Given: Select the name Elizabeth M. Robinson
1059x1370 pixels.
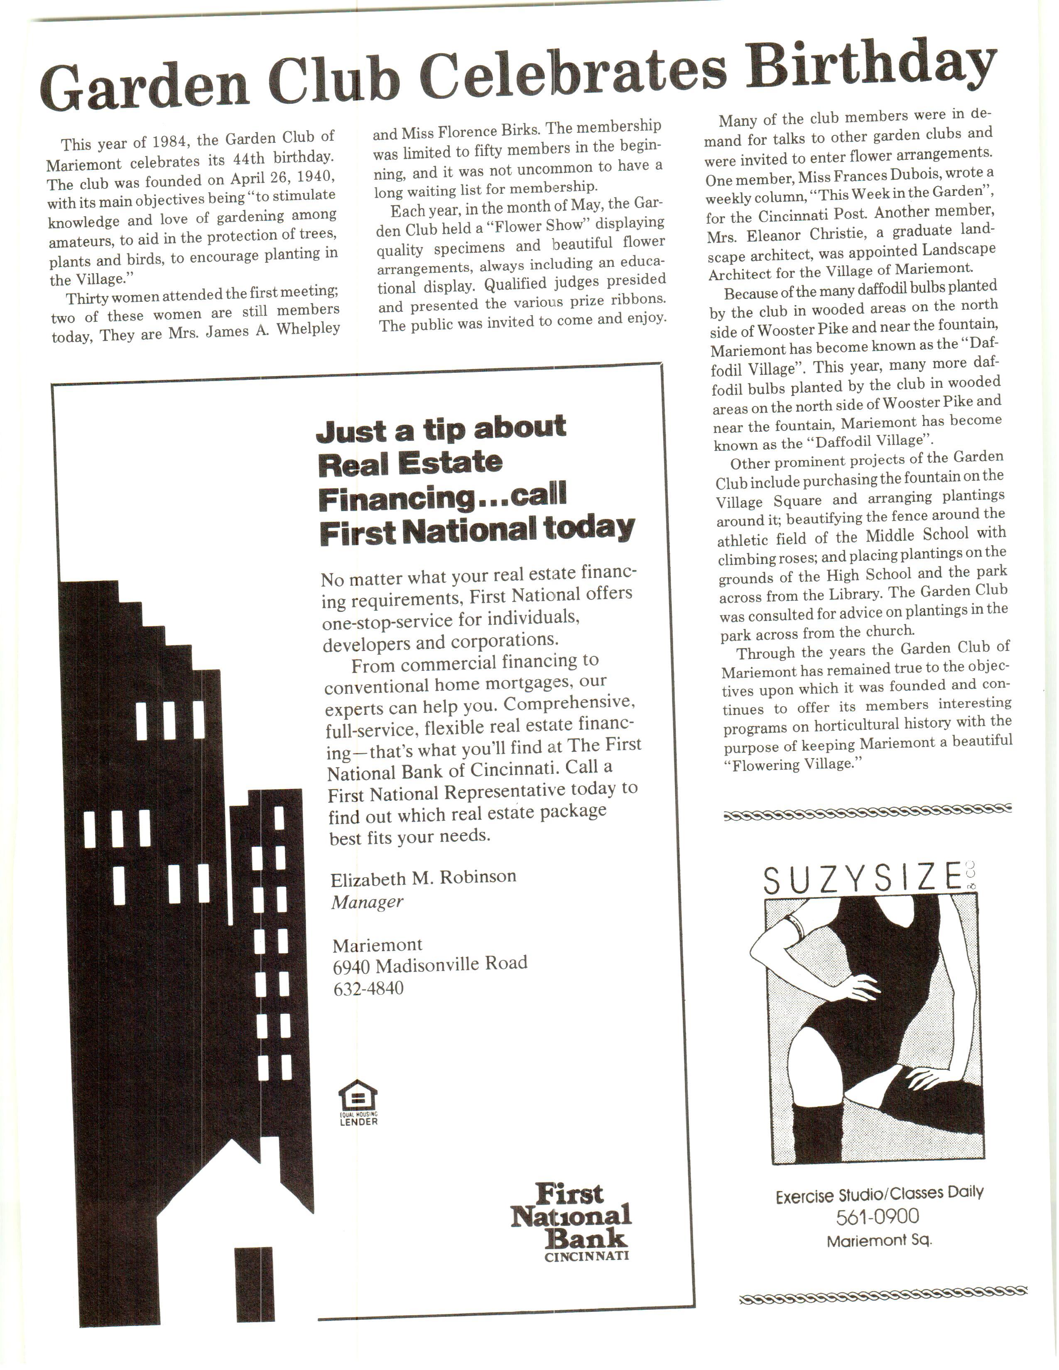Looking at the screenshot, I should pos(424,877).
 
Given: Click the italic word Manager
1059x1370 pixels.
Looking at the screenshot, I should pos(367,902).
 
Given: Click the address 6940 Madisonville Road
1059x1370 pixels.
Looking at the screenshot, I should pos(430,964).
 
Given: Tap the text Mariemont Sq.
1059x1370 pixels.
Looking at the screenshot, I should pos(878,1240).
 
